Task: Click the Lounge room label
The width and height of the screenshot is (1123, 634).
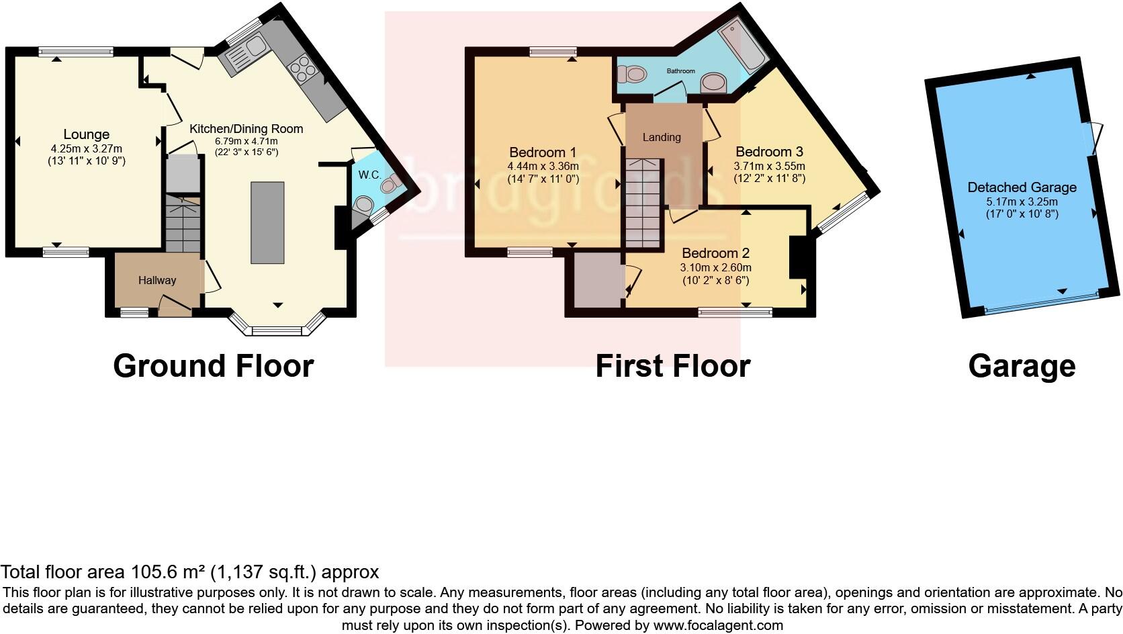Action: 87,135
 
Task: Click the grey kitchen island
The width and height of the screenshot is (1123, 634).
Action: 267,222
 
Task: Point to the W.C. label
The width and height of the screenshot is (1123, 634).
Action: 369,175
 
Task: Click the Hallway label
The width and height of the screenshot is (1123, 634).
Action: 157,281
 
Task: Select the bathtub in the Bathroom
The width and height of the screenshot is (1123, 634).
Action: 742,43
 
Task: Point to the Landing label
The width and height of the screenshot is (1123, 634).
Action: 662,138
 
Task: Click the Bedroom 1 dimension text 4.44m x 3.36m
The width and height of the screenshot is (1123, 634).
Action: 543,166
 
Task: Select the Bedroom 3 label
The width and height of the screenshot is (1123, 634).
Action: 769,152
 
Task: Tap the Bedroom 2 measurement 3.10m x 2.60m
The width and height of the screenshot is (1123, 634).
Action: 715,267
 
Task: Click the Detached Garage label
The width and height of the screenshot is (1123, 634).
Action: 1022,187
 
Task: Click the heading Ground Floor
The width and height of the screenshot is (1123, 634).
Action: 213,366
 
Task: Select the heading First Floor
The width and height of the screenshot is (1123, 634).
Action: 672,366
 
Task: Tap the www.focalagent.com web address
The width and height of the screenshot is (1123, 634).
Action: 717,625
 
